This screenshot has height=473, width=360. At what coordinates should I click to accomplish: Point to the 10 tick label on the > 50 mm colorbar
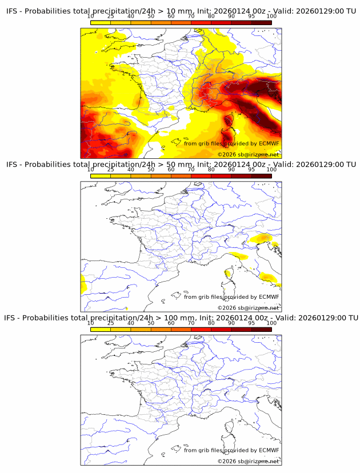(91, 169)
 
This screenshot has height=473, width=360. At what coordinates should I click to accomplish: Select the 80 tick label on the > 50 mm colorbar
(211, 169)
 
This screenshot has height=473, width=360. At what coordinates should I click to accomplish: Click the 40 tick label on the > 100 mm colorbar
(131, 323)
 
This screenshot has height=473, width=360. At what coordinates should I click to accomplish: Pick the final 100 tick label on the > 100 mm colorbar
(271, 323)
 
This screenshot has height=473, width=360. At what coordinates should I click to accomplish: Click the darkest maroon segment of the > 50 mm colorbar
(262, 176)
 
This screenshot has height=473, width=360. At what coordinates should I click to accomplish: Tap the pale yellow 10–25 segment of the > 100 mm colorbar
(101, 330)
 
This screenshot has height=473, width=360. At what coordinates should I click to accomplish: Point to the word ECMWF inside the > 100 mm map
(269, 450)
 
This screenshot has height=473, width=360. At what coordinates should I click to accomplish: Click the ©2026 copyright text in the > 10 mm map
(227, 154)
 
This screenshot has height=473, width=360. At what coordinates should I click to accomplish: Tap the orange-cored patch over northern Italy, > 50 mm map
(263, 237)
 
